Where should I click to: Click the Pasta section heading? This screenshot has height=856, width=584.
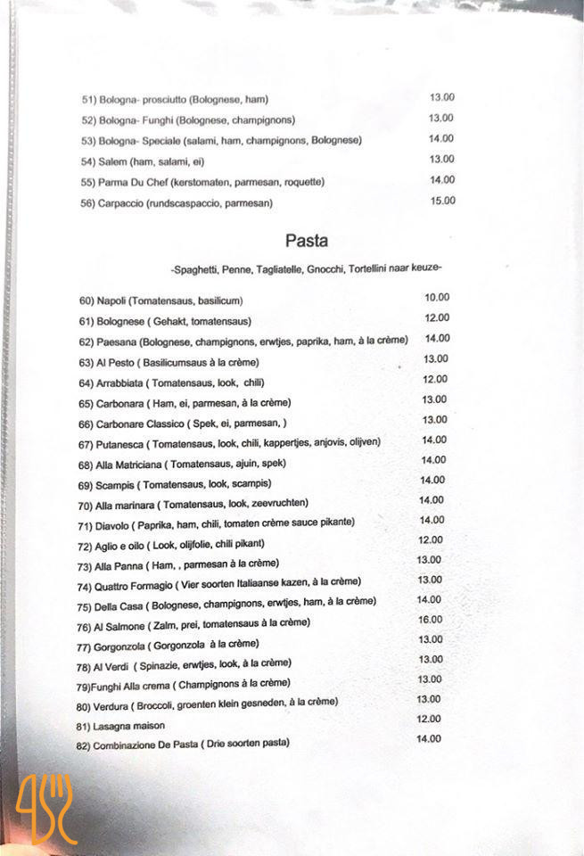coord(306,241)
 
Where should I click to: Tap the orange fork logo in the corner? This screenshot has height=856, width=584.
coord(47,808)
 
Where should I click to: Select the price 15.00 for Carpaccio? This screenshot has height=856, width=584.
coord(442,201)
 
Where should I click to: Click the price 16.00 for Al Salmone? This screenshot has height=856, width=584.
coord(430,620)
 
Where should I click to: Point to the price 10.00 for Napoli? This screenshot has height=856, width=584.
coord(437,298)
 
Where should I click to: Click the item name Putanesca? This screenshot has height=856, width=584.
coord(119,443)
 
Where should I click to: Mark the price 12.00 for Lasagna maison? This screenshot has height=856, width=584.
coord(429,719)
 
